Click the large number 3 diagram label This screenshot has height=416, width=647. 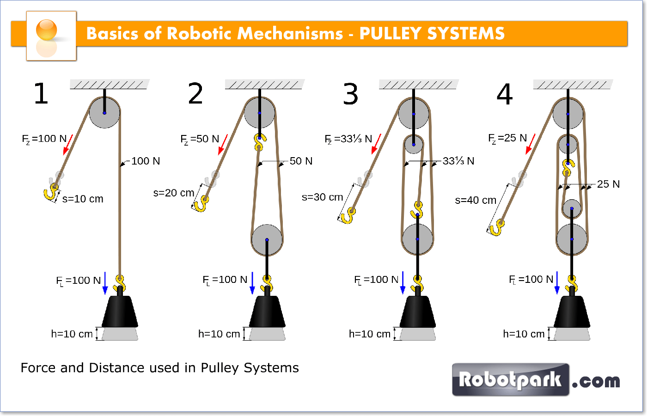tap(350, 94)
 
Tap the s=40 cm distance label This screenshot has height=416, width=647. tap(476, 200)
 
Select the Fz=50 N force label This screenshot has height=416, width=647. tap(200, 139)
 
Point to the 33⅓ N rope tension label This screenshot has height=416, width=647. tap(458, 161)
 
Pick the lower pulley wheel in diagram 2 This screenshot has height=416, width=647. tap(267, 240)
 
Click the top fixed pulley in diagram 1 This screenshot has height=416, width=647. tap(104, 113)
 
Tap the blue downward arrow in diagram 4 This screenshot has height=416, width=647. tap(557, 282)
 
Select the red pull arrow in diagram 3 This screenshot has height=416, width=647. tap(376, 144)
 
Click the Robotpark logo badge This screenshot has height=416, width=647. tap(510, 379)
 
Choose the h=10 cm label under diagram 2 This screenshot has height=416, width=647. tap(219, 334)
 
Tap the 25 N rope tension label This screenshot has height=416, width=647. tap(608, 184)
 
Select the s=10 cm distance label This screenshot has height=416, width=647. tap(83, 199)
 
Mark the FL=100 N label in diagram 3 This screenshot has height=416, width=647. tap(376, 280)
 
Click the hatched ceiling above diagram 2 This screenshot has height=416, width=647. tap(264, 84)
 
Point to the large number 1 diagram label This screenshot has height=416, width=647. tap(41, 94)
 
